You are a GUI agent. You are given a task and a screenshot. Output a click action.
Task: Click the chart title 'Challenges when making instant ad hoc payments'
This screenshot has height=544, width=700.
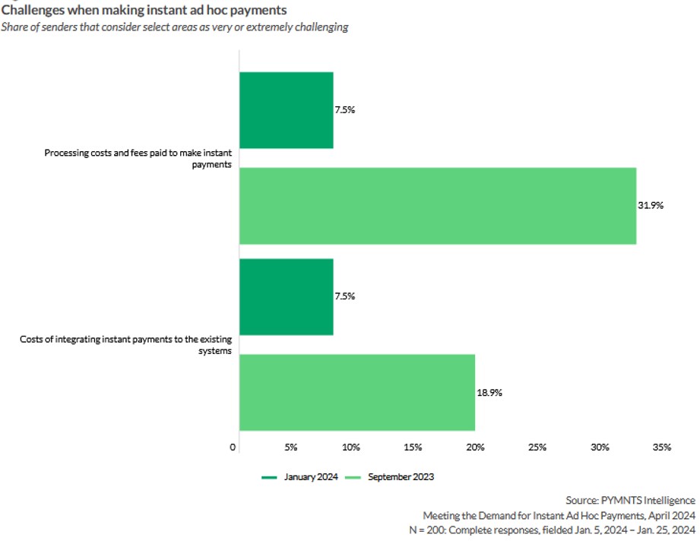point(144,11)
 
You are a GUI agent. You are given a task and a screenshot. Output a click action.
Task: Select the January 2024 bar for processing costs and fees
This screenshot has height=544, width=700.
point(287,110)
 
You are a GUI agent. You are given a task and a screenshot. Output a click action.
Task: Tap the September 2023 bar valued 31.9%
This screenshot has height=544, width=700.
point(438,206)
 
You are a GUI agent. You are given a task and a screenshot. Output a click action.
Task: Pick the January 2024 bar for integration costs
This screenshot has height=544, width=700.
point(287,296)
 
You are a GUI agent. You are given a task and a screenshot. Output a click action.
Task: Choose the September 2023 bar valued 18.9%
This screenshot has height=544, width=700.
point(357,393)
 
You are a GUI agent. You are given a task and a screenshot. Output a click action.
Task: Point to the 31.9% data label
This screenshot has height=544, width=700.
point(651,206)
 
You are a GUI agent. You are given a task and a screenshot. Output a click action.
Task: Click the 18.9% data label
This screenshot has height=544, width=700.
point(490,393)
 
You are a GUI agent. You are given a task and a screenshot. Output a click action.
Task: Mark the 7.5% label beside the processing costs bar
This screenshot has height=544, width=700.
point(345,109)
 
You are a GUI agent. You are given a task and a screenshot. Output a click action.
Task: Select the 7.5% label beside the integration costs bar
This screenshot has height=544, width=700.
point(345,296)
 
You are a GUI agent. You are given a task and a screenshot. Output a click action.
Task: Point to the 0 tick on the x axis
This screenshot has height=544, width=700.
point(233,448)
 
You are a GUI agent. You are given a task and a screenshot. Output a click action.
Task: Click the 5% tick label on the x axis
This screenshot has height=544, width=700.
point(290,448)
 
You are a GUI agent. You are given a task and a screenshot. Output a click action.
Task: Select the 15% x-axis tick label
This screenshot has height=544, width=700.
point(414,448)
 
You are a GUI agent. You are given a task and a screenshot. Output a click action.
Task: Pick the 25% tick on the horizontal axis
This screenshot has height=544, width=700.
point(537,448)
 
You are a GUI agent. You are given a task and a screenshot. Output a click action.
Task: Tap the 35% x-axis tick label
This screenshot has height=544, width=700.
point(661,448)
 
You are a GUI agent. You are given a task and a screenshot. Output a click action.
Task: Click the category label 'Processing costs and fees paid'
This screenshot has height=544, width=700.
point(138,158)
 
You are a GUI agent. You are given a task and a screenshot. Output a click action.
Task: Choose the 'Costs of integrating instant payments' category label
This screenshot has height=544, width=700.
point(125,344)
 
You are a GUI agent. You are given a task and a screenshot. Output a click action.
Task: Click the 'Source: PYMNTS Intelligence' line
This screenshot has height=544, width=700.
point(630,500)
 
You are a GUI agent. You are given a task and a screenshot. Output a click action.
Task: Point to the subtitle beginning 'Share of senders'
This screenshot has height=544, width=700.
point(175,27)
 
